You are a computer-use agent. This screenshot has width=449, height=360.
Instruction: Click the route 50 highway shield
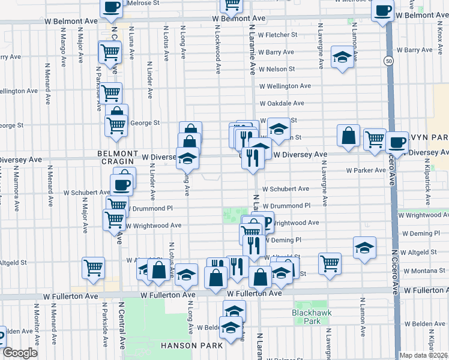(390, 61)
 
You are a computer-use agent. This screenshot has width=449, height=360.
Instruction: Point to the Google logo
(20, 353)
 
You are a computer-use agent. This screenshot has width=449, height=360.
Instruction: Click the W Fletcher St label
(277, 35)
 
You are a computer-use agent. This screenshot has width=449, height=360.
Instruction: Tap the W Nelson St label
(277, 69)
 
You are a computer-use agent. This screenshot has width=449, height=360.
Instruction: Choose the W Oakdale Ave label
(282, 103)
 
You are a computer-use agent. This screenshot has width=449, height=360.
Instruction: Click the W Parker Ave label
(366, 170)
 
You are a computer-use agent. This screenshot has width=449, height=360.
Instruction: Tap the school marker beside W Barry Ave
(343, 58)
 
